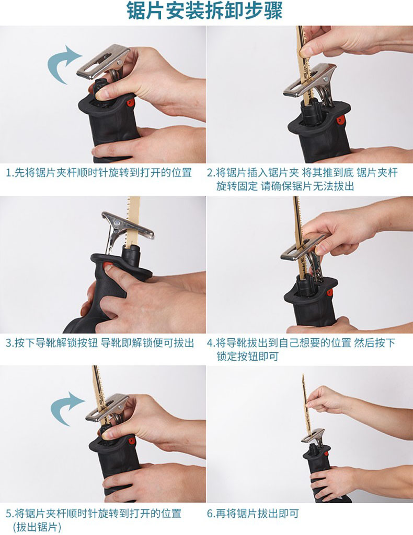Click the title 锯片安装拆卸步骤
(x=204, y=11)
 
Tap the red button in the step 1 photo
(x=130, y=102)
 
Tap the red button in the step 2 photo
(x=340, y=120)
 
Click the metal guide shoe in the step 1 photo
(x=103, y=62)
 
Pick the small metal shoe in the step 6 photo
(x=312, y=436)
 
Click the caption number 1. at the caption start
(x=10, y=173)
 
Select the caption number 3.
(x=10, y=342)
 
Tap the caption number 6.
(x=211, y=513)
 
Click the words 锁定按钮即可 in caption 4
(x=248, y=356)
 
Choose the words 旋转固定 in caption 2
(x=237, y=186)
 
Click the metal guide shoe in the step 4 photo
(x=301, y=248)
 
